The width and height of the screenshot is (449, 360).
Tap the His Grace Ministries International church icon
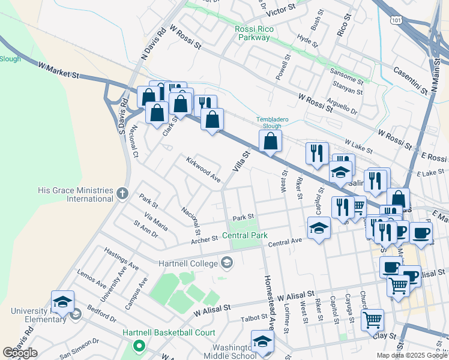122,193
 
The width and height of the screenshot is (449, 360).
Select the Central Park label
244,236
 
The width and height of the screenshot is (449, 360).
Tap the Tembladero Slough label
273,122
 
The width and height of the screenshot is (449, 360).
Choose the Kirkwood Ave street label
203,170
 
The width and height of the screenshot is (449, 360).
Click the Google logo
20,353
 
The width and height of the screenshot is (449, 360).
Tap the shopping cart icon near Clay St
372,319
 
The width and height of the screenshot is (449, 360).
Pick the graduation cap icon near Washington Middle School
262,341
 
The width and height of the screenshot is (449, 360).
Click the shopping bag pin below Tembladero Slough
271,142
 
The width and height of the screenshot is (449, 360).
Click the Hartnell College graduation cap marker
227,262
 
